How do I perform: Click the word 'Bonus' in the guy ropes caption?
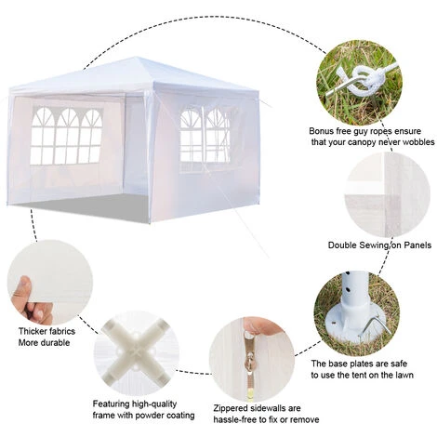coord(321,131)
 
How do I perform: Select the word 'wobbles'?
coord(417,142)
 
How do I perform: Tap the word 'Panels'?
coord(417,245)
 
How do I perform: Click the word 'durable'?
coord(57,343)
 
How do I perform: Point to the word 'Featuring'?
coord(111,404)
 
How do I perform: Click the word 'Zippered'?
coord(231,408)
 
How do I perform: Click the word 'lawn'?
coord(404,375)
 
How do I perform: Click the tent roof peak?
coord(136,58)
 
